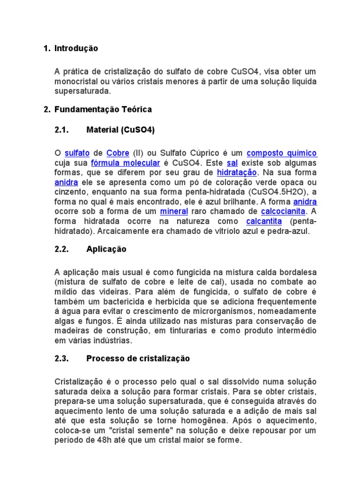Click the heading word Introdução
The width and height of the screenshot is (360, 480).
(x=76, y=48)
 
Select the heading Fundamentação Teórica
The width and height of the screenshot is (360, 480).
(x=103, y=109)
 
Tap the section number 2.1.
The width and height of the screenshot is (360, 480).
(x=62, y=130)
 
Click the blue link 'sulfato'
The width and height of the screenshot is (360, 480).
(x=77, y=153)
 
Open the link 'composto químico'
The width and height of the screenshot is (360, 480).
(x=282, y=153)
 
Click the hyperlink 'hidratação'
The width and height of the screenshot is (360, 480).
(x=237, y=173)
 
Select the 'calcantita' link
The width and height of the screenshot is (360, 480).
(x=264, y=221)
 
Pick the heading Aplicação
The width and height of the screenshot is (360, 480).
(x=106, y=249)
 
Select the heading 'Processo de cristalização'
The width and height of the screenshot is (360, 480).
(x=138, y=359)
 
